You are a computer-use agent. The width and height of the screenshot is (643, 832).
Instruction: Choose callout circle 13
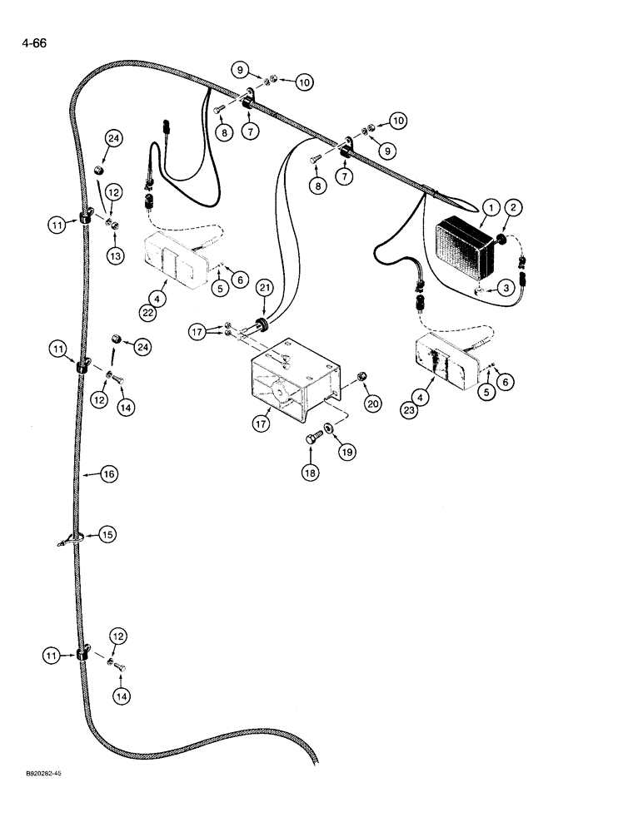click(x=114, y=256)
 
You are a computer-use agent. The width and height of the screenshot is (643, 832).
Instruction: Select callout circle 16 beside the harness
click(x=109, y=474)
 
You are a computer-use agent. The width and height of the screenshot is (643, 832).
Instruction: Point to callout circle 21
click(x=264, y=288)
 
